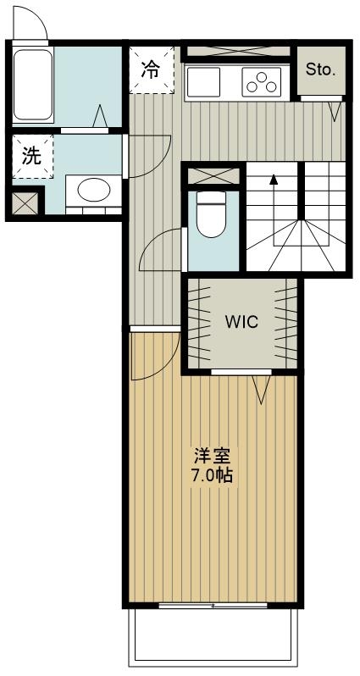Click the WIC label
pyautogui.click(x=241, y=322)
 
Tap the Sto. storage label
pyautogui.click(x=321, y=69)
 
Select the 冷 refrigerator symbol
pyautogui.click(x=150, y=69)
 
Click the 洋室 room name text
pyautogui.click(x=212, y=456)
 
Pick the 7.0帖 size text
pyautogui.click(x=212, y=474)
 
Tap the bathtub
pyautogui.click(x=33, y=85)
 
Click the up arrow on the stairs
pyautogui.click(x=274, y=180)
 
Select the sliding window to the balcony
pyautogui.click(x=213, y=606)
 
